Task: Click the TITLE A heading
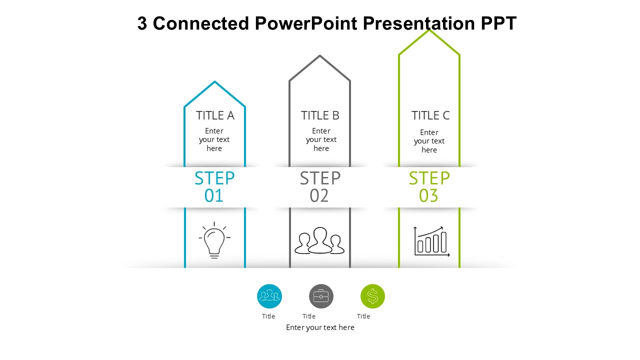pyautogui.click(x=215, y=115)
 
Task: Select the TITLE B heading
pyautogui.click(x=320, y=115)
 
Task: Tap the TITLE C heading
pyautogui.click(x=430, y=115)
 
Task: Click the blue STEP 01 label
pyautogui.click(x=214, y=186)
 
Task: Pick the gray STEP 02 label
pyautogui.click(x=320, y=186)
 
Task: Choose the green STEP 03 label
pyautogui.click(x=429, y=186)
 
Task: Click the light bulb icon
pyautogui.click(x=214, y=240)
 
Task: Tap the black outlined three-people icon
pyautogui.click(x=319, y=241)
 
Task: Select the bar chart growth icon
pyautogui.click(x=431, y=241)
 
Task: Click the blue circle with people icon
pyautogui.click(x=269, y=296)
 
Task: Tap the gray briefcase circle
pyautogui.click(x=321, y=296)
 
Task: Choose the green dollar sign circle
pyautogui.click(x=372, y=296)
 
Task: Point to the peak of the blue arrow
pyautogui.click(x=214, y=81)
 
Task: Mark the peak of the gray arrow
pyautogui.click(x=319, y=55)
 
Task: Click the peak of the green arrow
pyautogui.click(x=429, y=30)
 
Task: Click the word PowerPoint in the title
pyautogui.click(x=306, y=23)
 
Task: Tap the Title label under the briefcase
pyautogui.click(x=309, y=316)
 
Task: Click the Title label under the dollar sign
pyautogui.click(x=363, y=316)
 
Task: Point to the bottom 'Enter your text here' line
pyautogui.click(x=320, y=327)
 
